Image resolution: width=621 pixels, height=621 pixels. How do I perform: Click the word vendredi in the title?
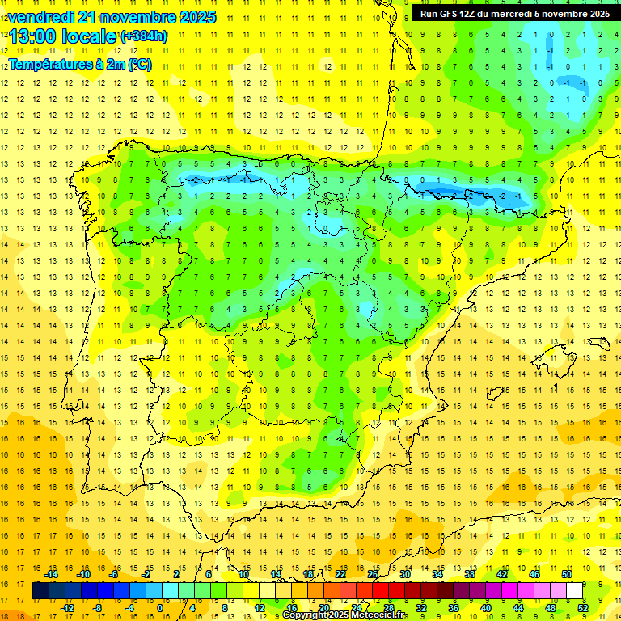pos(40,17)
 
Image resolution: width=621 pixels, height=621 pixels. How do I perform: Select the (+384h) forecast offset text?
pos(144,36)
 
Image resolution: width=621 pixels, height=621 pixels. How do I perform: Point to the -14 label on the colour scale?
pos(51,574)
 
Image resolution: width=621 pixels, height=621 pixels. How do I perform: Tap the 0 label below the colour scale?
pos(160,608)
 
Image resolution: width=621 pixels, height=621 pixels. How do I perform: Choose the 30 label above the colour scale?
pos(404,574)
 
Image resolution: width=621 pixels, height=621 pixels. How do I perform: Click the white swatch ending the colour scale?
pos(574,591)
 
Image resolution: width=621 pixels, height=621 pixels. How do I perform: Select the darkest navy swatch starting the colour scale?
pos(40,591)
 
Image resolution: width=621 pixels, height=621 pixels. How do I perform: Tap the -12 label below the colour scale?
pos(67,608)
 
